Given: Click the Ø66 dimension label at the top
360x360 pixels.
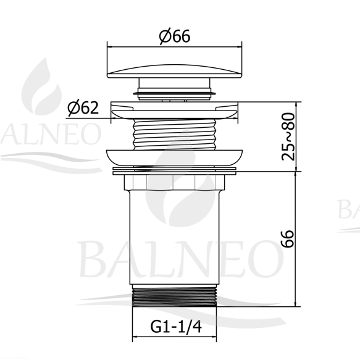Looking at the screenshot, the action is (x=175, y=36).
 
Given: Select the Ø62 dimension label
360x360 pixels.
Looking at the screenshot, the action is (x=83, y=107).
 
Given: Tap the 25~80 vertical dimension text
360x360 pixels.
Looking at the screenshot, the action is (x=288, y=136).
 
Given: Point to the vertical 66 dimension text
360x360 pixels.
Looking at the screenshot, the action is (x=288, y=238).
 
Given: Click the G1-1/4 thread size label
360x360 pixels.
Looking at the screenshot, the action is (x=176, y=326).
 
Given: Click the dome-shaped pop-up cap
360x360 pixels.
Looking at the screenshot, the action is (x=175, y=71).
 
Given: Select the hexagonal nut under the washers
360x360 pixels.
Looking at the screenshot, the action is (x=175, y=183).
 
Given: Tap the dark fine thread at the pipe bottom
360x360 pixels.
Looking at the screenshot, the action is (x=175, y=297).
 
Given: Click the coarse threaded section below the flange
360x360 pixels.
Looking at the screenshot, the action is (x=175, y=135).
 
